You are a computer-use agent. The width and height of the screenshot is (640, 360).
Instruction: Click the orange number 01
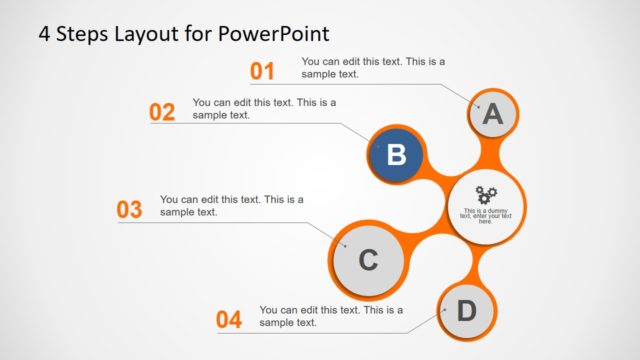coord(262,71)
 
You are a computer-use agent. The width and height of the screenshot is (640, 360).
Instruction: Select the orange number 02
coord(162,112)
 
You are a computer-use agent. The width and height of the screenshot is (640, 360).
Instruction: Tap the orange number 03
coord(130,210)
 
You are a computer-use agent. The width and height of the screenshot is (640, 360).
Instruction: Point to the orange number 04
coord(229,320)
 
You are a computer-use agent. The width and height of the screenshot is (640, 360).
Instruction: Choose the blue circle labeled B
coord(396,155)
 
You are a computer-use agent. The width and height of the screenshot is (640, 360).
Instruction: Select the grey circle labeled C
coord(367,261)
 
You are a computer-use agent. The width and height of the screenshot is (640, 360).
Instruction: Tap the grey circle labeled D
coord(467,311)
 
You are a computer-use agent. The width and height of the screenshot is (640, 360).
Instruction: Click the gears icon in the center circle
coord(486,194)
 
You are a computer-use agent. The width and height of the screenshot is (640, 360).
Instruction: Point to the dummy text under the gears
coord(486,215)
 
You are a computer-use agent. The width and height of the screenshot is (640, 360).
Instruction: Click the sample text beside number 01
coord(373,67)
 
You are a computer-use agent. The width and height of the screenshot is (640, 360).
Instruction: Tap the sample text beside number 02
coord(264,108)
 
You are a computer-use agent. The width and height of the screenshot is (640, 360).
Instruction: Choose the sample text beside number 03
coord(231,205)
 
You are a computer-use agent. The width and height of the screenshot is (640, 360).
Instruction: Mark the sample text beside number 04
coord(331,316)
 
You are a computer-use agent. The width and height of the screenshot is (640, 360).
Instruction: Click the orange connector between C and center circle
coord(425,240)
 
